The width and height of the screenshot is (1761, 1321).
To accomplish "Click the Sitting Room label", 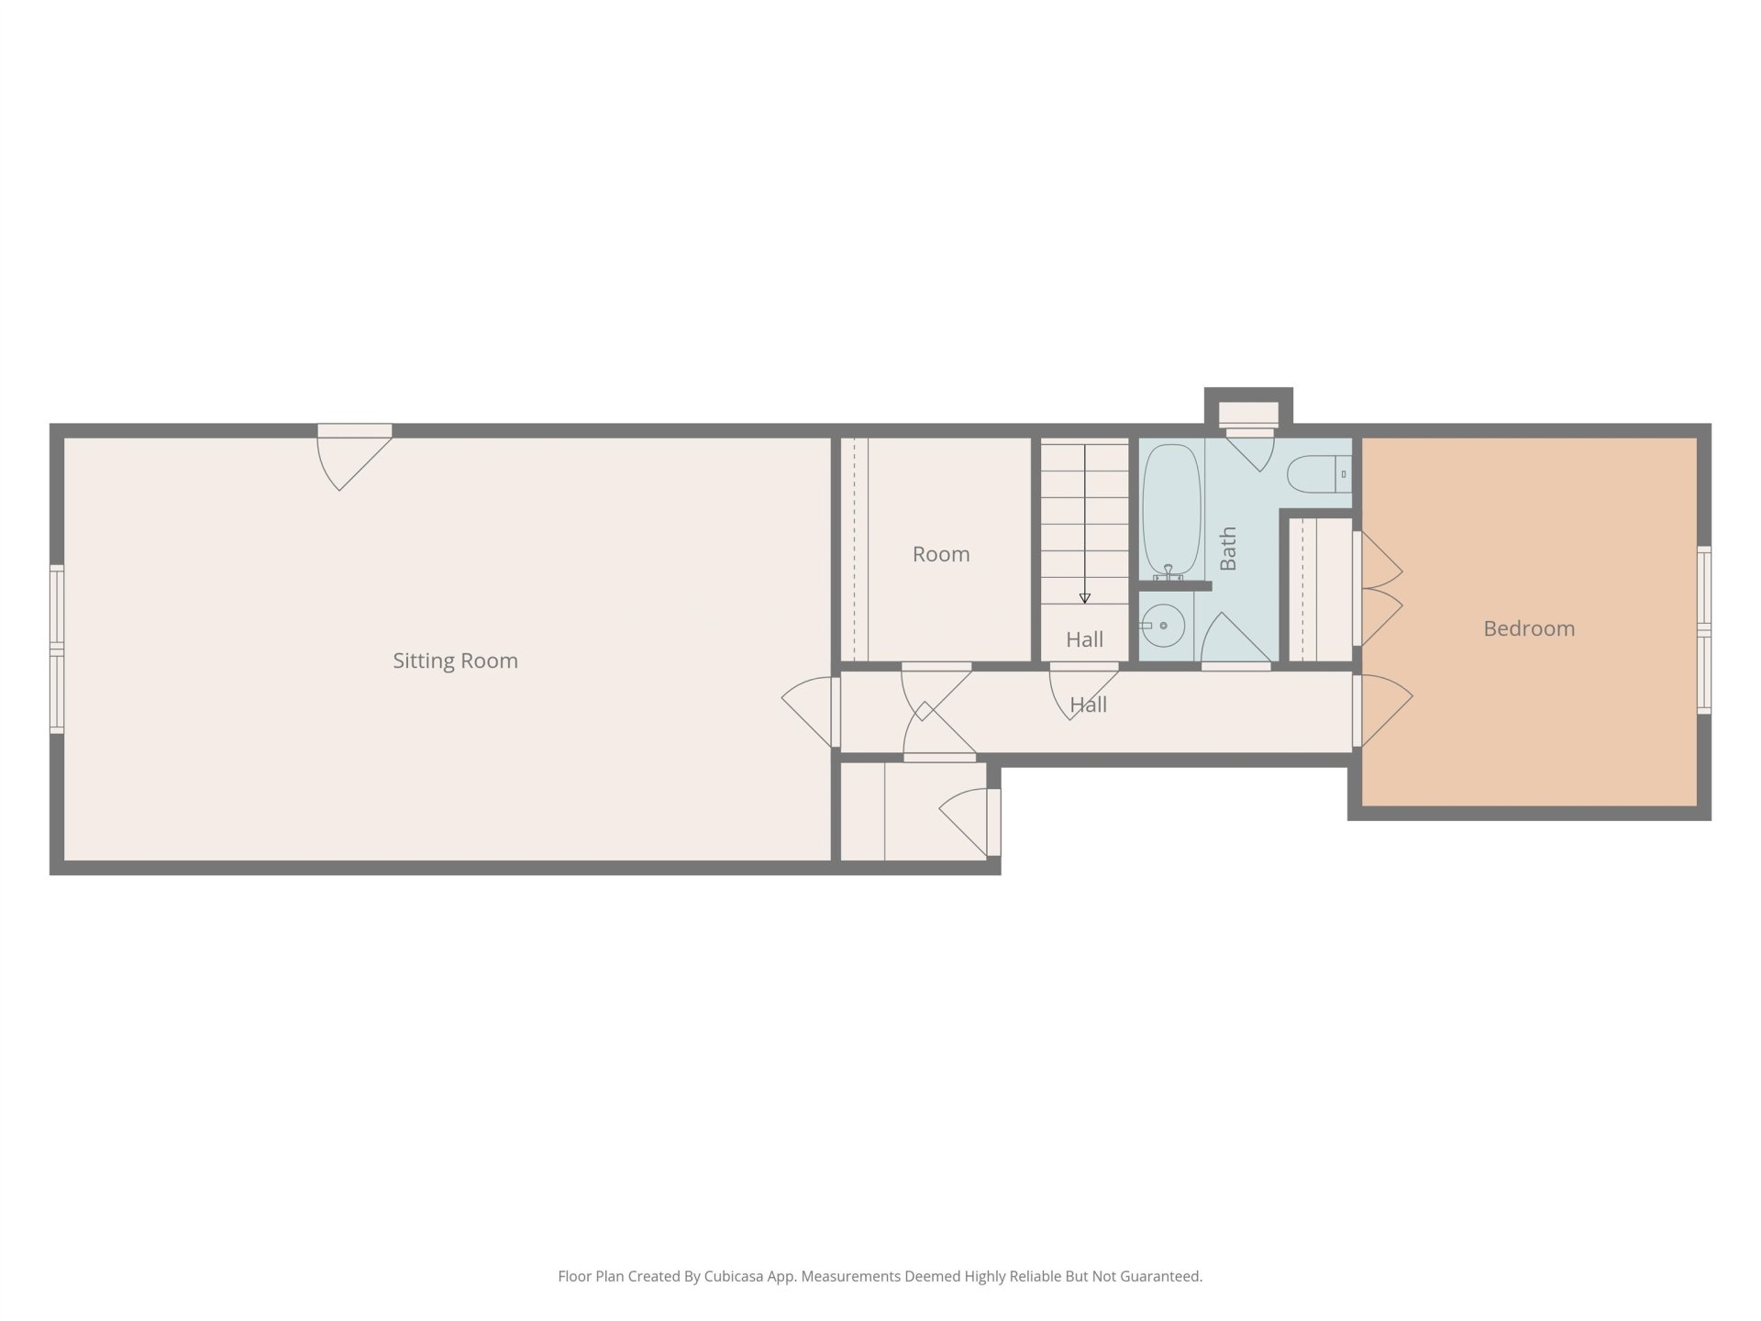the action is coord(455,660).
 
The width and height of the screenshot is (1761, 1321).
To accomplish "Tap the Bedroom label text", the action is coord(1529,628).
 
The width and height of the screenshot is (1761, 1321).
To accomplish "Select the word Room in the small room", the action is coord(941,554).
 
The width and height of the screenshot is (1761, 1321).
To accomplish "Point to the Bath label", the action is coord(1228,549).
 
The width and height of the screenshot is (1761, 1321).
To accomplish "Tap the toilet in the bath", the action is coord(1319,475).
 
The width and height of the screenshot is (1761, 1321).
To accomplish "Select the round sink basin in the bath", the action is coord(1163,627).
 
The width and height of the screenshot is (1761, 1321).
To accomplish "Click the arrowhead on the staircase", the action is coord(1085,598).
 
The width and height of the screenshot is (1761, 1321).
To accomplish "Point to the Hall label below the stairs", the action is coord(1085,639).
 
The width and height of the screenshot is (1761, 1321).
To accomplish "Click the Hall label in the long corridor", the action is coord(1089,705).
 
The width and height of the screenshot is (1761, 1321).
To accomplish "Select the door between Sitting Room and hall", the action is coord(813,712).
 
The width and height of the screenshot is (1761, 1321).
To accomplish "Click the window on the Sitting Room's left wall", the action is coord(57,649).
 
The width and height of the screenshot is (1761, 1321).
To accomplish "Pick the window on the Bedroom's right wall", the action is coord(1704,629).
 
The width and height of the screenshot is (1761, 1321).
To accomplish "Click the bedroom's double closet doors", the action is coord(1378,589).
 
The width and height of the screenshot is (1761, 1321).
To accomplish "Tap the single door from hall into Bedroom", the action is coord(1382,710).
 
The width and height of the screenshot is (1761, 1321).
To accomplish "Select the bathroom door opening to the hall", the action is coord(1235,640).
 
